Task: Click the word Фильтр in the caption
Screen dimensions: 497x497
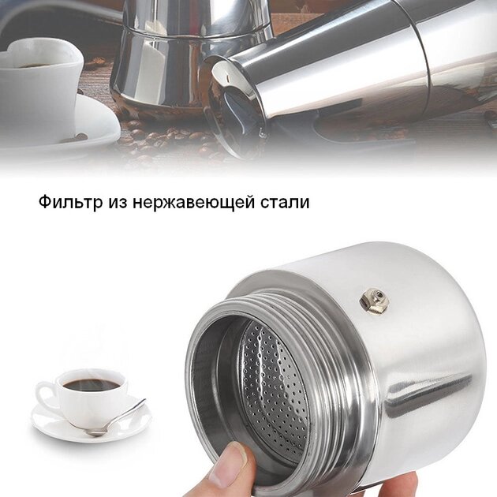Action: click(x=71, y=202)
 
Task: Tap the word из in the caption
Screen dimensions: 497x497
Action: click(x=117, y=203)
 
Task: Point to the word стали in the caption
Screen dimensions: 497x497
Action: click(x=284, y=203)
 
